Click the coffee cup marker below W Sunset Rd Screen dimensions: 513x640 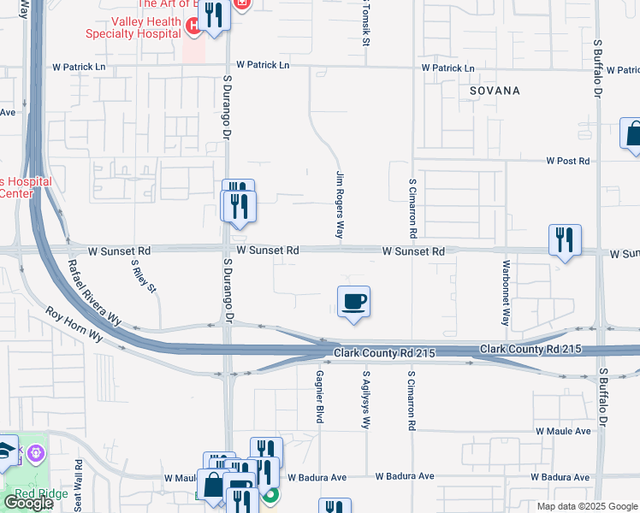point(353,303)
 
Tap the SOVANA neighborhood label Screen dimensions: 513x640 point(495,90)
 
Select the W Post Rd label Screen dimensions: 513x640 point(569,161)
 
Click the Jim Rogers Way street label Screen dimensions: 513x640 point(340,204)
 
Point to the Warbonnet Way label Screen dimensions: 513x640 point(506,293)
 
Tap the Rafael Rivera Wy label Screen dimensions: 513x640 point(94,292)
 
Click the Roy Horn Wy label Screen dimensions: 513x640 point(74,326)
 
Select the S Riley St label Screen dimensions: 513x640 point(144,276)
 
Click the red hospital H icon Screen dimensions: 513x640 point(195,28)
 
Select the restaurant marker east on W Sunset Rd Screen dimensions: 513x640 point(565,240)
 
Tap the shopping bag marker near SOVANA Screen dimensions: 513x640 point(634,135)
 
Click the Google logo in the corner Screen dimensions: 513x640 point(28,503)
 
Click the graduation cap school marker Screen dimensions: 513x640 point(4,451)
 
